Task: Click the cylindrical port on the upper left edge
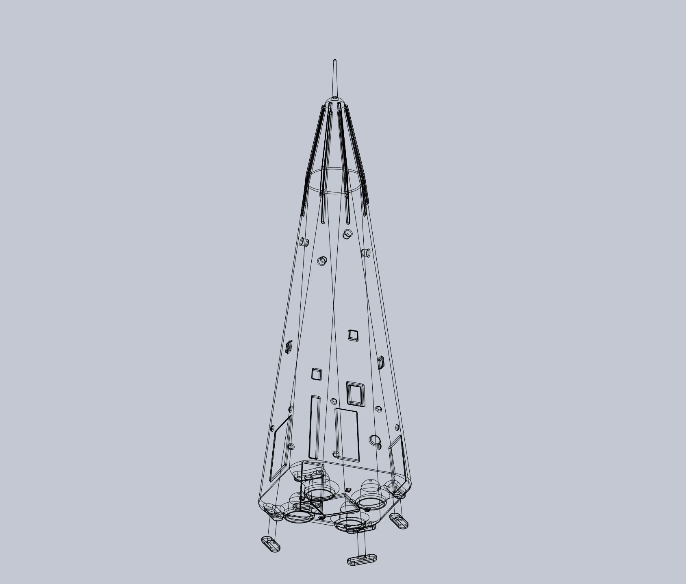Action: coord(304,242)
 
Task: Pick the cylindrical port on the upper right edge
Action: coord(365,253)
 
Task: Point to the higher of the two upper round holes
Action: coord(347,234)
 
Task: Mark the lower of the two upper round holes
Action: coord(322,261)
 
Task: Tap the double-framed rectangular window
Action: coord(356,394)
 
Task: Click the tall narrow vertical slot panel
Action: coord(315,427)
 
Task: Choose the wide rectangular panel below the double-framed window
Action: coord(347,435)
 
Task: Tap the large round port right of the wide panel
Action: coord(375,440)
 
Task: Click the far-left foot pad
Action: coord(271,543)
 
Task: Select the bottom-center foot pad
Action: coord(362,560)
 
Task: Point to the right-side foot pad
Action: coord(399,521)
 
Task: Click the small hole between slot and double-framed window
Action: coord(334,402)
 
